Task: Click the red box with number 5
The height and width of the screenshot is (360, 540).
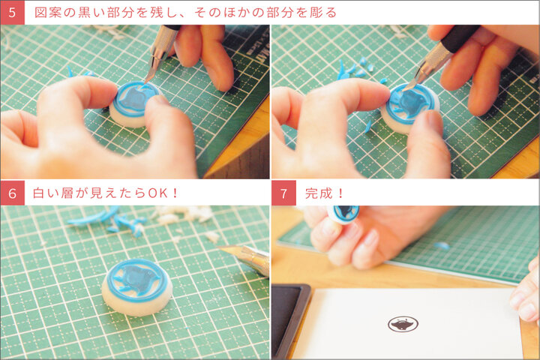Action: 13,13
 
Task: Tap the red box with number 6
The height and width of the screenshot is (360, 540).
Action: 13,193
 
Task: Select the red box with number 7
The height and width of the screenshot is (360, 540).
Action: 283,193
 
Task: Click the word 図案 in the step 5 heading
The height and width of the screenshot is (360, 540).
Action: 47,13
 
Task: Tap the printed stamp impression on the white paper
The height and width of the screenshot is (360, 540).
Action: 403,324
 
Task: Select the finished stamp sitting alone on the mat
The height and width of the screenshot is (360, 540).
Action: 137,287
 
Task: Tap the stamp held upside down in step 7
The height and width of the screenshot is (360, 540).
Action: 343,214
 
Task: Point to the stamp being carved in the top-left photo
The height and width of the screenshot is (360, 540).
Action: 135,103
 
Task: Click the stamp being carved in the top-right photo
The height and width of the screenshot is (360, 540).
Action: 409,106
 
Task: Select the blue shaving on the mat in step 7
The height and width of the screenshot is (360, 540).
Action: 442,246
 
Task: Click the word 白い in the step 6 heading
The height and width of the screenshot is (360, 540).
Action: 45,193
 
